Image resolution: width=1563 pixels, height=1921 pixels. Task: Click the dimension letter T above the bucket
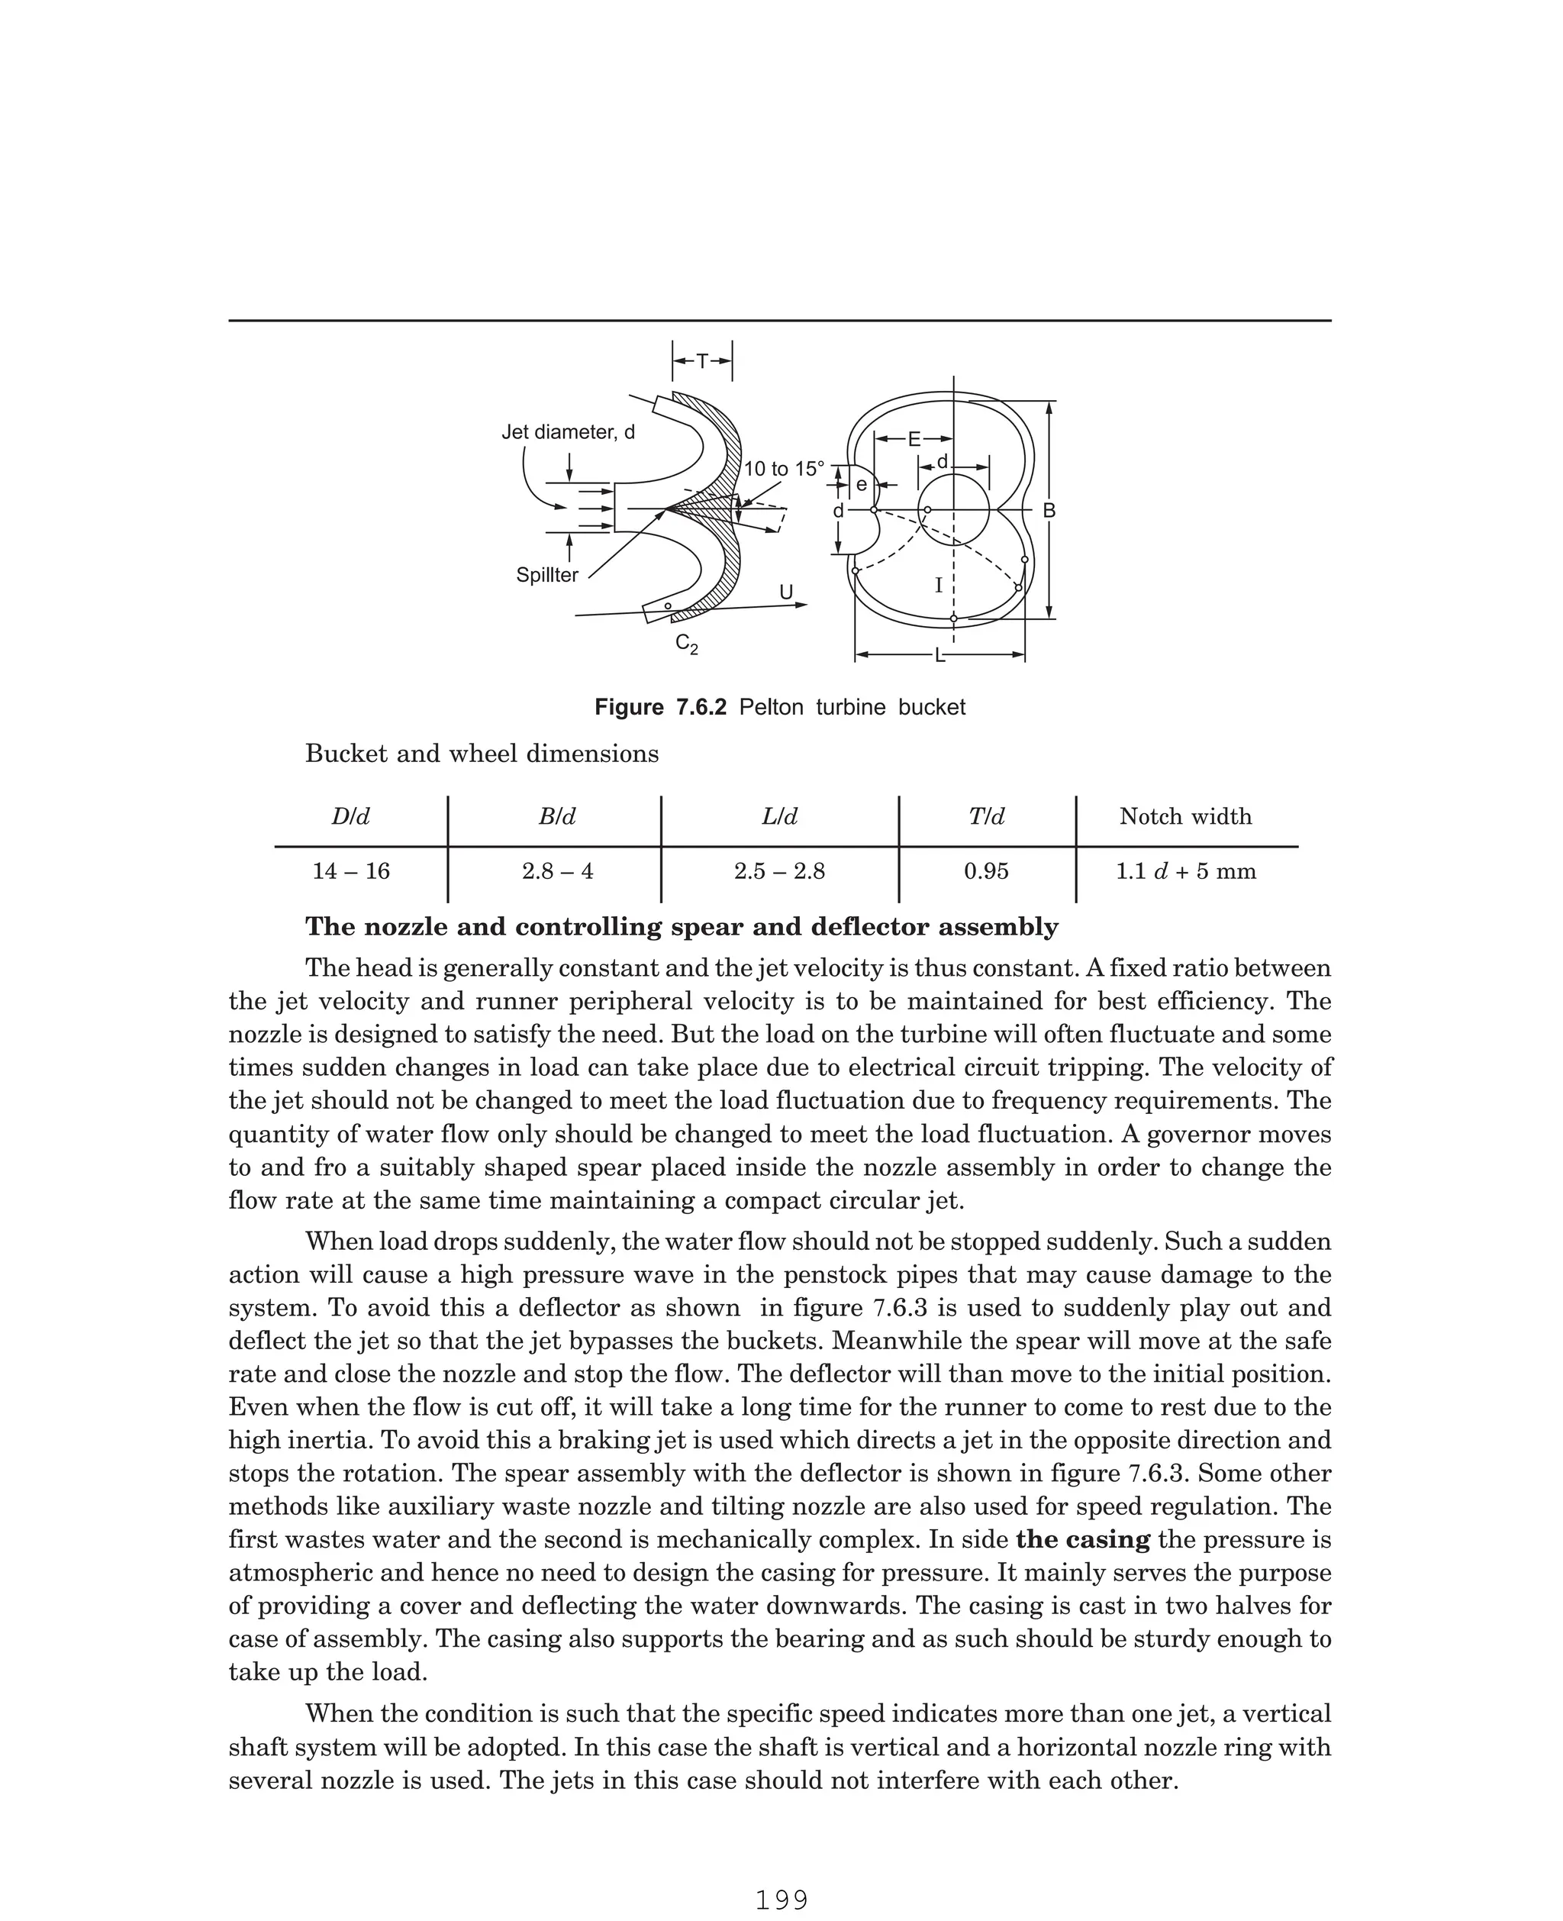click(702, 361)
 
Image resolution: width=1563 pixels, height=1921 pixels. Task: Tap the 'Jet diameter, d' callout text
click(567, 432)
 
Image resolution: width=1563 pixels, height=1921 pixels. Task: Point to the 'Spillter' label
click(546, 576)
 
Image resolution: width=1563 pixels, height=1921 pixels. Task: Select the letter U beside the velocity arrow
click(786, 592)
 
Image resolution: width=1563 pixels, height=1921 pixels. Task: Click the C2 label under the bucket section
click(686, 644)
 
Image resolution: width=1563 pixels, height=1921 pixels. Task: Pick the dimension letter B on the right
click(1049, 511)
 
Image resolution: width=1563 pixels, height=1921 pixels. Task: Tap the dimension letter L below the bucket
click(940, 656)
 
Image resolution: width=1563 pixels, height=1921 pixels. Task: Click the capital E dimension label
click(914, 440)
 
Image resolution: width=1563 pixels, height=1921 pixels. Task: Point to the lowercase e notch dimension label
click(861, 486)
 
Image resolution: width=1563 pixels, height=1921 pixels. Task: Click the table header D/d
click(350, 817)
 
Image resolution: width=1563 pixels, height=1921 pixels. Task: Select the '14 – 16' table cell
click(351, 872)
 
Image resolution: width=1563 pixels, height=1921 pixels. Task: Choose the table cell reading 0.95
click(986, 872)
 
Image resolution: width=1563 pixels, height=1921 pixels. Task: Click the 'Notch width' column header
click(1185, 817)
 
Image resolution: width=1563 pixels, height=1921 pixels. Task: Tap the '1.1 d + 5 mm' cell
click(1185, 872)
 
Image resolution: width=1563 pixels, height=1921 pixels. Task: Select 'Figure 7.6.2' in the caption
click(660, 708)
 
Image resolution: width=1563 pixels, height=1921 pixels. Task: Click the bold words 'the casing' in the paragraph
click(1082, 1539)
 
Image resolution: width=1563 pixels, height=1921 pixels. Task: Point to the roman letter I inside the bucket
click(938, 586)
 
